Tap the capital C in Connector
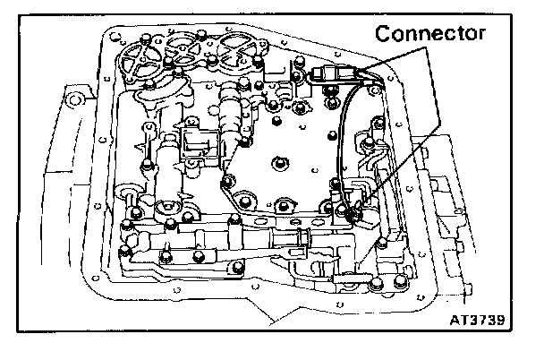(x=383, y=35)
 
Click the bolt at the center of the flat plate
(x=278, y=161)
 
